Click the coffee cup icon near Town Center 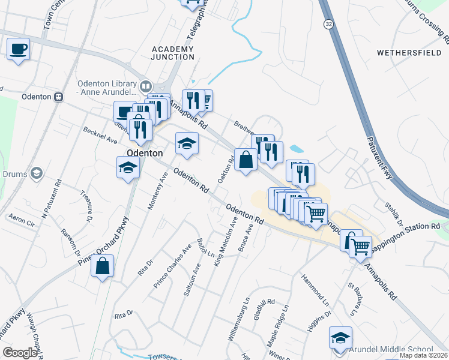19,49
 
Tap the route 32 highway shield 328,23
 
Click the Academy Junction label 173,53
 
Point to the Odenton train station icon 58,97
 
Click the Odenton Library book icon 145,86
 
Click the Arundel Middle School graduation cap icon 340,337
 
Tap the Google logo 20,353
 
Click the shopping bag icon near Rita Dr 103,266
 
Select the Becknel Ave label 100,139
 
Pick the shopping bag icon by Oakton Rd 245,160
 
